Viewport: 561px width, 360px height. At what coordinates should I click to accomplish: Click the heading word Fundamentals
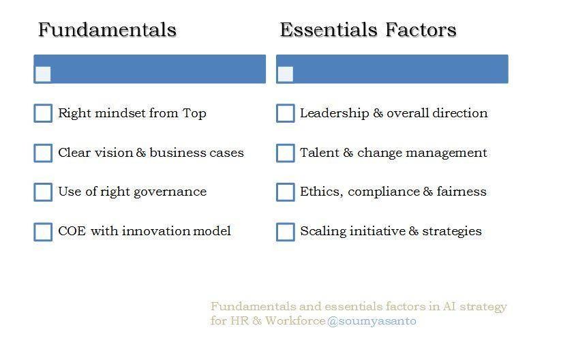[107, 30]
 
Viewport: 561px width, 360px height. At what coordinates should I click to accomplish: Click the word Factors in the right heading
[421, 30]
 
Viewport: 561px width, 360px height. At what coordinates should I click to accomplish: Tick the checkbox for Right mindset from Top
[43, 113]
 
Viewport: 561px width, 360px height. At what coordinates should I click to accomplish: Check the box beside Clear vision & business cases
[43, 153]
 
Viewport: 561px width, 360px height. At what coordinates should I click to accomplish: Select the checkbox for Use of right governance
[43, 192]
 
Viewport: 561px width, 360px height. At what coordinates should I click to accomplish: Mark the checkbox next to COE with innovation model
[43, 232]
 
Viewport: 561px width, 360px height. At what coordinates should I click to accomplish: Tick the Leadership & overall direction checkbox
[286, 113]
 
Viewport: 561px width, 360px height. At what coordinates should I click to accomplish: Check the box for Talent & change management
[286, 153]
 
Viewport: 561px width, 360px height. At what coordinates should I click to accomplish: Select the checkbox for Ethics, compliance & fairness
[286, 192]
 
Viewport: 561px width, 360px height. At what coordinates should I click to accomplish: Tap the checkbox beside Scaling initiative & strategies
[286, 232]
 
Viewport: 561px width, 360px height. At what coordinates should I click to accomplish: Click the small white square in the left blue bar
[43, 74]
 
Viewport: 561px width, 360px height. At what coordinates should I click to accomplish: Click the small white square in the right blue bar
[286, 74]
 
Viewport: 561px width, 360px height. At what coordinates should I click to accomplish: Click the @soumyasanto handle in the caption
[372, 321]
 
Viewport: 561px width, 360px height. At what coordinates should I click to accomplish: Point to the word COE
[72, 231]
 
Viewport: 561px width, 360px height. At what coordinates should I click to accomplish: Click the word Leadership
[335, 113]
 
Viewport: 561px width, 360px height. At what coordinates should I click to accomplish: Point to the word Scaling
[323, 232]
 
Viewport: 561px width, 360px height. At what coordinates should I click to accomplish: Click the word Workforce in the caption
[295, 320]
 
